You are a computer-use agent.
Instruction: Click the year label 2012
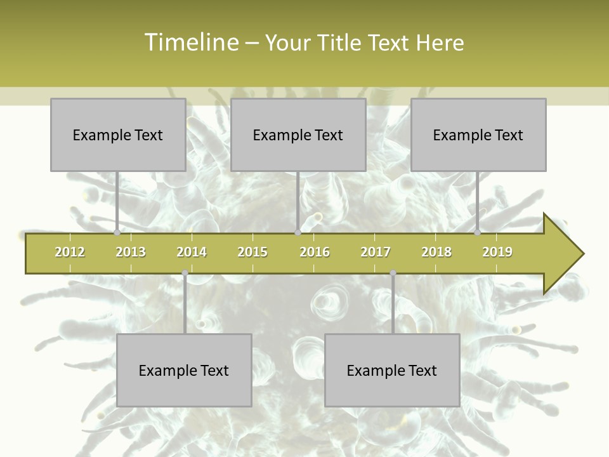70,252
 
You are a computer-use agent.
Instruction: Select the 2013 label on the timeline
131,252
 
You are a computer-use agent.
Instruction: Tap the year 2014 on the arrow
192,252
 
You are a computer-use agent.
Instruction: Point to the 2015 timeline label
252,252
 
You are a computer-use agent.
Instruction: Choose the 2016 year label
315,252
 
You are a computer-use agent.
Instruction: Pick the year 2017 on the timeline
376,252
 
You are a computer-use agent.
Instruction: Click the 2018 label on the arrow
436,252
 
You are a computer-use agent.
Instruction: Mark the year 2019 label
497,252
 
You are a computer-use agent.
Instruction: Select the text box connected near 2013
118,135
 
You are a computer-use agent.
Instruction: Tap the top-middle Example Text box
298,135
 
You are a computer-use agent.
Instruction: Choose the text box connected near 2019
478,135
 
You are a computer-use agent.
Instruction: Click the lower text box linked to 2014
184,370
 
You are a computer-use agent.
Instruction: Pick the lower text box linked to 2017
392,370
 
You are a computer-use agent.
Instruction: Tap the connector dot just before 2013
117,233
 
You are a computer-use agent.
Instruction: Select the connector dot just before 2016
298,233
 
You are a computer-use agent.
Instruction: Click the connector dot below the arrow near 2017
393,273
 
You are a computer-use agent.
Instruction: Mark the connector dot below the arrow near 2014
185,273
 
